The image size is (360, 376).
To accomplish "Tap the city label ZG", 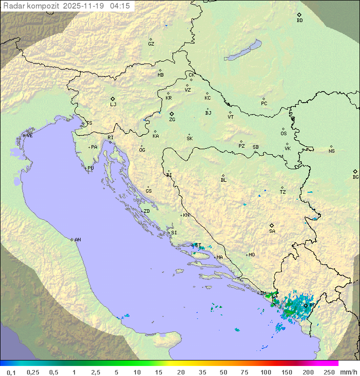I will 172,120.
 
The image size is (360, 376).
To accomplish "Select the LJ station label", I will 113,104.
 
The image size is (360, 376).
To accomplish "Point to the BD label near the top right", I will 299,21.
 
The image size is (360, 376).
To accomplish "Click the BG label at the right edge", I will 355,177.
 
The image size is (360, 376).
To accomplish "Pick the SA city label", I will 272,231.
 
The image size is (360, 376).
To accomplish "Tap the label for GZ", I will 151,44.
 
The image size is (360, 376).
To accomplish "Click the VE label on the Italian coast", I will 29,135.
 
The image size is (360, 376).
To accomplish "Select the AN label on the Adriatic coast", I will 77,240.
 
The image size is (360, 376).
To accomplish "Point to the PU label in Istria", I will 90,168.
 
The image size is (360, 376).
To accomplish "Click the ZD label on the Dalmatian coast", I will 146,211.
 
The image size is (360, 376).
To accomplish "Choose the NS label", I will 331,151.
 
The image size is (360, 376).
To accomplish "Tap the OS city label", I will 283,134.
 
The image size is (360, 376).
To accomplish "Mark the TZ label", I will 283,192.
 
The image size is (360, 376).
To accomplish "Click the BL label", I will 223,180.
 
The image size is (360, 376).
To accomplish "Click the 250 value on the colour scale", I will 329,372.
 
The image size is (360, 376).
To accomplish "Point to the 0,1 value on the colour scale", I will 11,372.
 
